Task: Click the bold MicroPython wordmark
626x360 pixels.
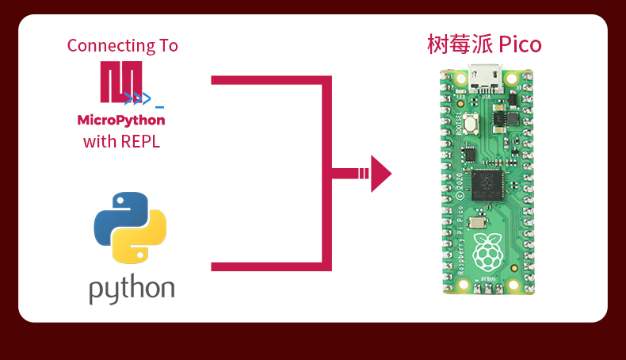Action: (x=121, y=121)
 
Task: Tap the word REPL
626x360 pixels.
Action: (x=143, y=142)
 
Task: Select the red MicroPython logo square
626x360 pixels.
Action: (x=120, y=81)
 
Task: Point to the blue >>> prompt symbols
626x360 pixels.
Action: (x=136, y=98)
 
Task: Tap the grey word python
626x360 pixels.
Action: (x=132, y=289)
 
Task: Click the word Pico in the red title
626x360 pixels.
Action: (x=521, y=44)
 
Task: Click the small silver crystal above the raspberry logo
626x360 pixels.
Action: (x=479, y=223)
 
